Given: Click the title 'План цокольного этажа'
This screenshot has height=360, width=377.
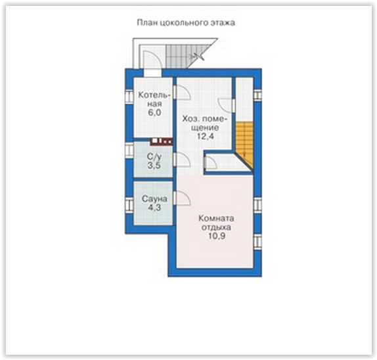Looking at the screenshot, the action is [x=186, y=22].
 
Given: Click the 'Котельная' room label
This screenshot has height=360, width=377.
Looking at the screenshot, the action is [x=154, y=100].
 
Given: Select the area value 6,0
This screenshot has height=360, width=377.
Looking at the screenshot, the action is [x=154, y=112].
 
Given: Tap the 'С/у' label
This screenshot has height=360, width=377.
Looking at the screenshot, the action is [x=154, y=157].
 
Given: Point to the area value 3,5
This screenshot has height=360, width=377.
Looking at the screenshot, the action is [x=154, y=166].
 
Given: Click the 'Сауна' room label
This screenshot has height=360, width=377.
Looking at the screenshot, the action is [x=154, y=199].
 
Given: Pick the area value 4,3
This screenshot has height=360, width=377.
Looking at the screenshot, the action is [x=154, y=208].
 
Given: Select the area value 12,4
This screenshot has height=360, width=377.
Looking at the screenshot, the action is [x=206, y=137].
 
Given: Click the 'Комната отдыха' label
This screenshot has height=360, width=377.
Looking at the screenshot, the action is [x=216, y=223].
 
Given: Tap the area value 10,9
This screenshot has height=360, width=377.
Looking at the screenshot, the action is [x=217, y=236].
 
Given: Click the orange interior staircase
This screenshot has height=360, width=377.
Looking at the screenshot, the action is [x=244, y=145].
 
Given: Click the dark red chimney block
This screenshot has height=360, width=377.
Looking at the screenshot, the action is [x=162, y=141].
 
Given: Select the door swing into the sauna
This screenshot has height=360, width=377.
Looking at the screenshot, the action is [x=183, y=198].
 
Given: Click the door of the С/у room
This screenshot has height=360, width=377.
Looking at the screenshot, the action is [x=183, y=160].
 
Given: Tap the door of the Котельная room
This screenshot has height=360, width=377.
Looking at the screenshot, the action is [x=183, y=93].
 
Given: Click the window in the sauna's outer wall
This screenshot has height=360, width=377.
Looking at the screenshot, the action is [x=129, y=205].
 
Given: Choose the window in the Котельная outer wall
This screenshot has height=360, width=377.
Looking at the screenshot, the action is [x=129, y=96].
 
